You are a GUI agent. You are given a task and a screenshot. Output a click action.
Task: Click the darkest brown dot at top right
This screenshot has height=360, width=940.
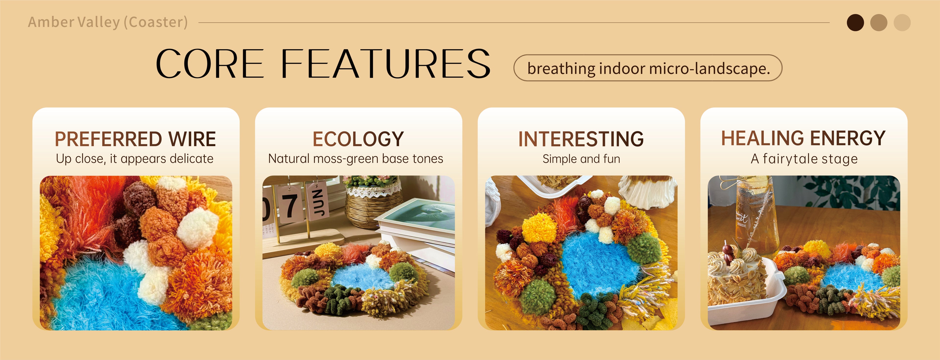855,23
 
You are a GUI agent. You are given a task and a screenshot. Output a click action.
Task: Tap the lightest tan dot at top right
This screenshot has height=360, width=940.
902,23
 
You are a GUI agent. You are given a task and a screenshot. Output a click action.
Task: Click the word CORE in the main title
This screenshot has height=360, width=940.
210,64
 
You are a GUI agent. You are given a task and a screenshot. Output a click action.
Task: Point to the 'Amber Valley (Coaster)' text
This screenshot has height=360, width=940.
108,22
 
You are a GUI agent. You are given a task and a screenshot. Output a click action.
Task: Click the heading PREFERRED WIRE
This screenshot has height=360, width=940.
135,139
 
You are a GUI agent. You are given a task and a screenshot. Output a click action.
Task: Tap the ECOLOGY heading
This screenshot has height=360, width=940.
358,139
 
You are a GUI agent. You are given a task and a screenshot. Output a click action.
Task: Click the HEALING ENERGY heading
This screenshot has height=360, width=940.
803,138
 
